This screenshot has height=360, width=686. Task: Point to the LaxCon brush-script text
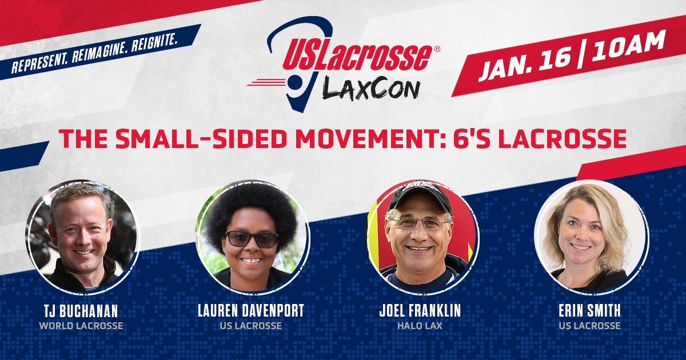372,88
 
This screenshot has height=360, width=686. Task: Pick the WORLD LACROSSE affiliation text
81,326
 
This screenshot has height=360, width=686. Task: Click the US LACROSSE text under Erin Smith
590,326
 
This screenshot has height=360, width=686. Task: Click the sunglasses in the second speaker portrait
252,238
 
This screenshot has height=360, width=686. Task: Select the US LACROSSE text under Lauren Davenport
251,326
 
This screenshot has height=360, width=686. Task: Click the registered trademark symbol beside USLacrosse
437,50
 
